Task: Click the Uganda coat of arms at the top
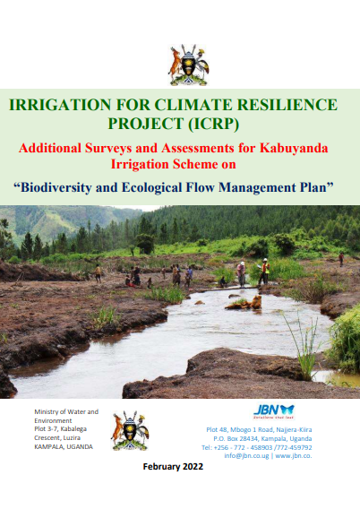tap(188, 65)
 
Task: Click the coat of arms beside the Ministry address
tap(130, 430)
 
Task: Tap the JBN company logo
tap(274, 411)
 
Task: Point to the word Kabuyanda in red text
tap(294, 148)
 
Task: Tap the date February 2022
tap(173, 466)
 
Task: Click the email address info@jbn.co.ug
tap(246, 456)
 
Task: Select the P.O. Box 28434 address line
tap(262, 439)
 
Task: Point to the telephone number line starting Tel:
tap(257, 447)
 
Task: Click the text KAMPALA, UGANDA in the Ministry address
tap(64, 446)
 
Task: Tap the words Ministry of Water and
tap(66, 411)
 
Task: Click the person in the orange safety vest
tap(264, 272)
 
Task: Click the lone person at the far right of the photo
tap(341, 259)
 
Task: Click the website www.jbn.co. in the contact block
tap(294, 456)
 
